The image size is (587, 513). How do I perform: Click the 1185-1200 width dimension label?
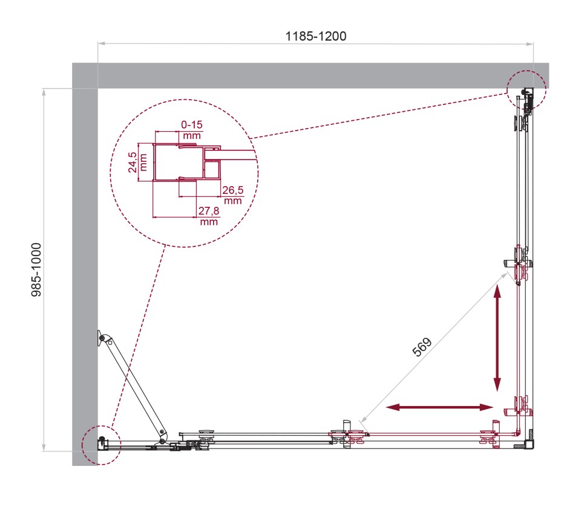[x=315, y=36]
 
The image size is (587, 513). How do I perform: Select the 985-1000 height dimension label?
[x=37, y=269]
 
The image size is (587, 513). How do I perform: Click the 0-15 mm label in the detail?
[x=191, y=129]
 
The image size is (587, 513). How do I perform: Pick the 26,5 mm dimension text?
[x=232, y=195]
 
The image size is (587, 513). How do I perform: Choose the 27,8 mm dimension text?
[x=208, y=216]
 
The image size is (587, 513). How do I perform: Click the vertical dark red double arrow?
[x=497, y=338]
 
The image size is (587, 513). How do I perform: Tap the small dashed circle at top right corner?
[x=526, y=89]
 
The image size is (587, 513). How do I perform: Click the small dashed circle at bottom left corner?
[x=100, y=444]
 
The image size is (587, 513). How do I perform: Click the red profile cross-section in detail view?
[x=182, y=163]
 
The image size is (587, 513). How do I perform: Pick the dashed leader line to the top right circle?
[x=381, y=115]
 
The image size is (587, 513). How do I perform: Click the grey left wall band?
[x=84, y=272]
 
